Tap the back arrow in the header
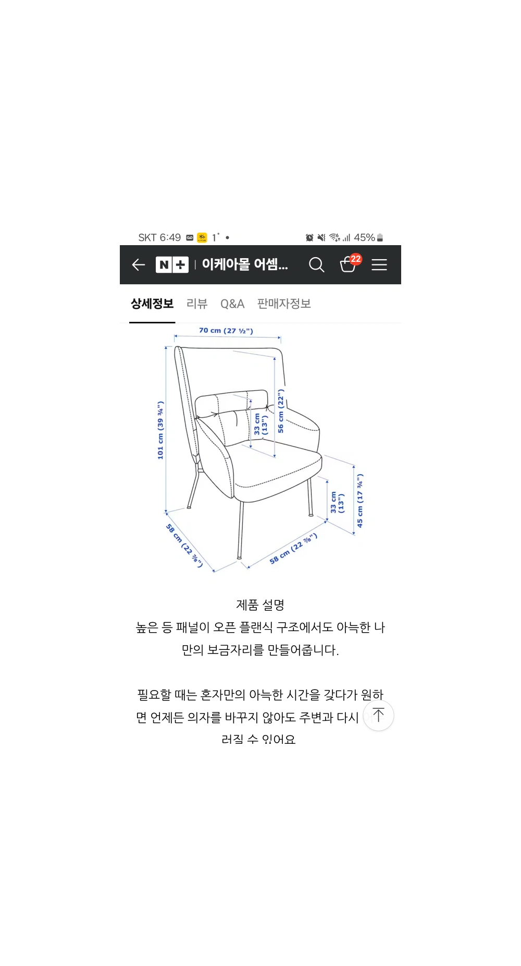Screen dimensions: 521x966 [x=138, y=265]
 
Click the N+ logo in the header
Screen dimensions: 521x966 [x=172, y=265]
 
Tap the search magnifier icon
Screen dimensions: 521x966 [x=316, y=265]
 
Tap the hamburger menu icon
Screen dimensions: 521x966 [x=379, y=265]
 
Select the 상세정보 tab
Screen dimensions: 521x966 [x=152, y=304]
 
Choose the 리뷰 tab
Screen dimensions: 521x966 [x=197, y=304]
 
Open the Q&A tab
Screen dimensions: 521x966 [x=232, y=304]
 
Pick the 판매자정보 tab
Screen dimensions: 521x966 [x=284, y=304]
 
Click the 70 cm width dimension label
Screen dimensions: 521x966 [x=226, y=331]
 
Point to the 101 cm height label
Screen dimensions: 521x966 [x=160, y=430]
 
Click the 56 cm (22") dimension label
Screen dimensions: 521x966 [x=281, y=411]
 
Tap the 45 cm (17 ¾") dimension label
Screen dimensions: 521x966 [x=359, y=501]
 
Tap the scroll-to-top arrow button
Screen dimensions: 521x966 [x=378, y=715]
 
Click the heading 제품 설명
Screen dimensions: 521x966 [x=260, y=605]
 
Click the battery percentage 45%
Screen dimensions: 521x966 [x=364, y=238]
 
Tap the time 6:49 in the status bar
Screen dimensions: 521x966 [x=170, y=238]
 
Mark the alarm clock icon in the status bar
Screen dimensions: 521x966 [x=309, y=238]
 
